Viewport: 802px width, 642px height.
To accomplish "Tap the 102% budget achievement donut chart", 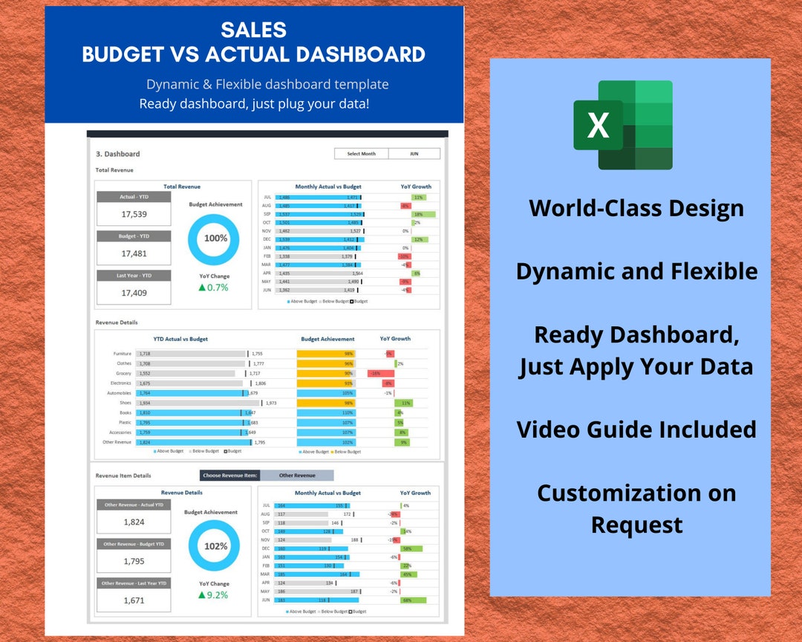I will point(215,546).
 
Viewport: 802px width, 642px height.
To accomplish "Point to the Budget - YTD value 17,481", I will point(134,253).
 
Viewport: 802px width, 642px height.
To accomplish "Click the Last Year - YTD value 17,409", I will point(134,293).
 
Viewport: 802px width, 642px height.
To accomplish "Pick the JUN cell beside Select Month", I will point(414,154).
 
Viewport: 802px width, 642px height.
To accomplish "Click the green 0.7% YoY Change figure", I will point(214,288).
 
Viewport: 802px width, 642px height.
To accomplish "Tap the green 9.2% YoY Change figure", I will point(214,595).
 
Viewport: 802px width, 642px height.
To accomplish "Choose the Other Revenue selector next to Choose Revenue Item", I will point(297,476).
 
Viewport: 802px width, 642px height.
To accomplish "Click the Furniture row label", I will point(123,354).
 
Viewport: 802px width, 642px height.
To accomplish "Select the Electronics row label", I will point(121,383).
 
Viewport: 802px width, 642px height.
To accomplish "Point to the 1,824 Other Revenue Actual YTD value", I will point(134,522).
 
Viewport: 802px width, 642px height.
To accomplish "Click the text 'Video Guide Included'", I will point(636,429).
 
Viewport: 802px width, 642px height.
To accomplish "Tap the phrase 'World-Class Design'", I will point(636,208).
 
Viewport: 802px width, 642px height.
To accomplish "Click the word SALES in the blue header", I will point(253,30).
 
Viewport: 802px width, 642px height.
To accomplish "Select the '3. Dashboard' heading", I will point(118,154).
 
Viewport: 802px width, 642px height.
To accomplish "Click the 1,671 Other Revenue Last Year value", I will point(134,600).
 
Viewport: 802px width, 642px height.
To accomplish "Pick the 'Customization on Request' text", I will point(636,509).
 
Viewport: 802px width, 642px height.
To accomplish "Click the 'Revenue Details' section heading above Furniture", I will point(117,322).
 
